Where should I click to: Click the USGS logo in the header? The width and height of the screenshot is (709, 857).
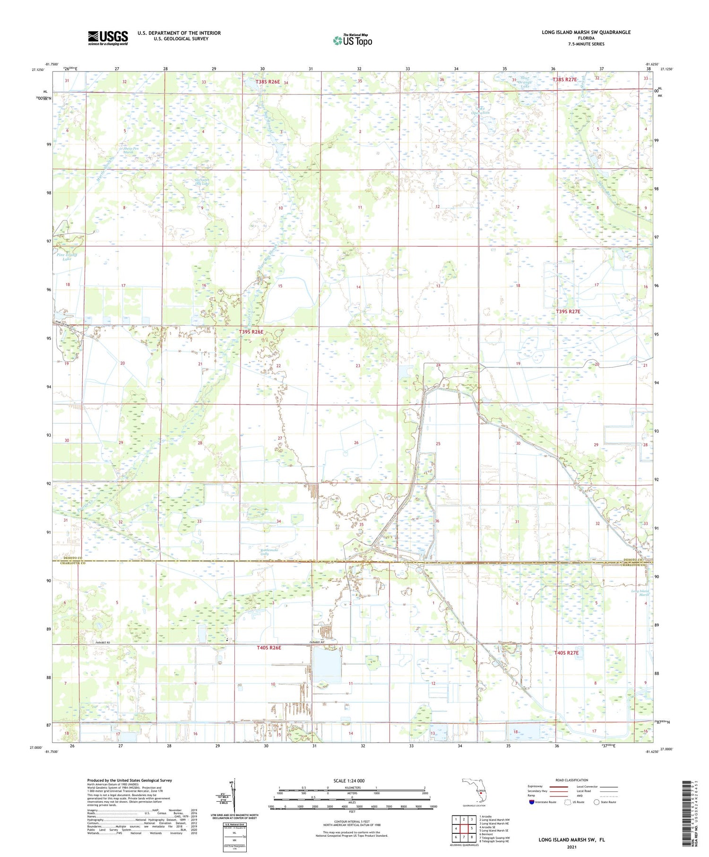108,38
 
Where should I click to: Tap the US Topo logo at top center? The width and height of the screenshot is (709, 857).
352,40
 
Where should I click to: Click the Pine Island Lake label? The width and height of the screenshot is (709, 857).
66,257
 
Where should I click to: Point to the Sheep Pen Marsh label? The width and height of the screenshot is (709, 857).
128,150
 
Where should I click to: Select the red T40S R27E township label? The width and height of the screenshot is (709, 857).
566,653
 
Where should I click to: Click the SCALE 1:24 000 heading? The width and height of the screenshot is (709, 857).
352,780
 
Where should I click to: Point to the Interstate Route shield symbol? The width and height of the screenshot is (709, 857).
532,802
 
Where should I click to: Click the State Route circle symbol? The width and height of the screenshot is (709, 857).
597,802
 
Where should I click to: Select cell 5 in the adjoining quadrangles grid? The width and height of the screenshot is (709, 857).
471,828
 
